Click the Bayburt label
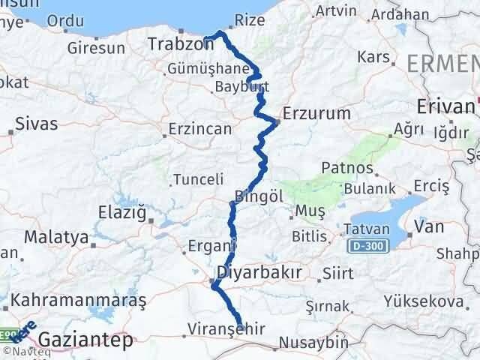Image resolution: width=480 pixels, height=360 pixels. click(220, 87)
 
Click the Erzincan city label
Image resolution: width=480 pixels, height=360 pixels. click(201, 129)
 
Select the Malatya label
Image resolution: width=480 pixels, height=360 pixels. click(56, 237)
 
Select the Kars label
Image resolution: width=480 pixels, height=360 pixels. click(375, 57)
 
